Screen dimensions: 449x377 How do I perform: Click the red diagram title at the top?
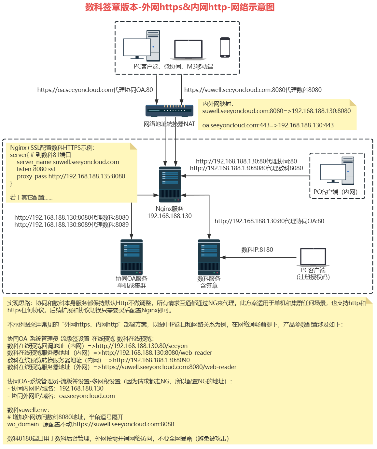pos(180,7)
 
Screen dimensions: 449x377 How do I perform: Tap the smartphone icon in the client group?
pos(225,47)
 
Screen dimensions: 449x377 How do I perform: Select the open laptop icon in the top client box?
pos(188,50)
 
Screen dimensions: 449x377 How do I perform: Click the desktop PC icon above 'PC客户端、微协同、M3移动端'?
pos(142,46)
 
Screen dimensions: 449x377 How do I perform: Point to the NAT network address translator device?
pos(169,110)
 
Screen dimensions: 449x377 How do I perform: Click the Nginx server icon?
pos(170,184)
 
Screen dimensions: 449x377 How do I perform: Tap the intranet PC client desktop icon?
pos(337,171)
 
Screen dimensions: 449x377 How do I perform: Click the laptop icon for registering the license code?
pos(313,257)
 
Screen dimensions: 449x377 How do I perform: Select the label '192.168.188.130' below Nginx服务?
pos(169,216)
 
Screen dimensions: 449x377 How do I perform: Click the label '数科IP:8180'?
pos(257,250)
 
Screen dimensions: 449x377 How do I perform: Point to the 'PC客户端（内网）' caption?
pos(335,192)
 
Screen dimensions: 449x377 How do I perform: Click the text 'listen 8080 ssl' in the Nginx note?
pos(36,169)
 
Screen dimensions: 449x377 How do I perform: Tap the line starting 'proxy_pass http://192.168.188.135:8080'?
pos(71,176)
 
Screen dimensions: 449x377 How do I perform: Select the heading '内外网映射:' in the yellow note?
pos(218,104)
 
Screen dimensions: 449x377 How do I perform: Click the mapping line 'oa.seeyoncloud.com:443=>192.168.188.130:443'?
pos(268,125)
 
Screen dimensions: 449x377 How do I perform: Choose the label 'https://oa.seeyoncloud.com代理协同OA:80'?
pos(95,90)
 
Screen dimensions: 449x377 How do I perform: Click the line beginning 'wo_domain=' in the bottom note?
pos(91,424)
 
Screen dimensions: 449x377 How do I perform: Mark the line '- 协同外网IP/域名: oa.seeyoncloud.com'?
pos(61,396)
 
